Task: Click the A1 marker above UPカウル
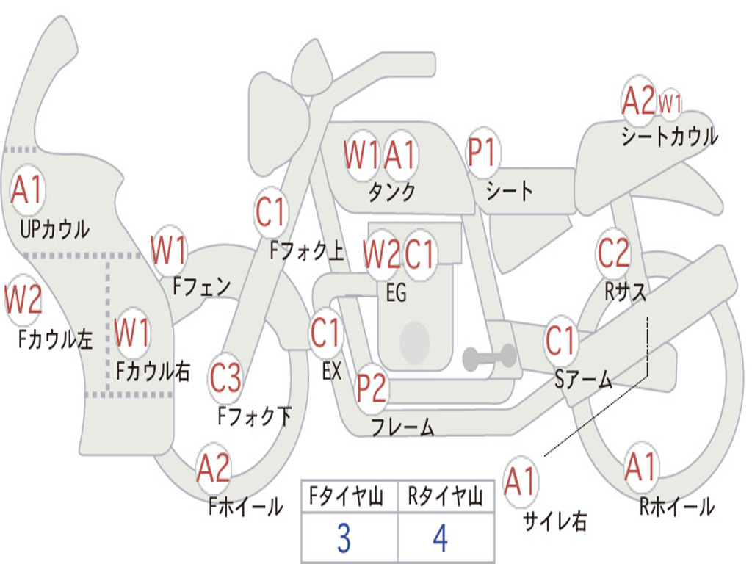click(x=27, y=190)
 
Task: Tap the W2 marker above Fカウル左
click(x=23, y=300)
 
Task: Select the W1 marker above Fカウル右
click(x=132, y=333)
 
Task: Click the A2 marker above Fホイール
click(x=214, y=468)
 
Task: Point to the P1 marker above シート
click(x=482, y=153)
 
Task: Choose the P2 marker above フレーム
click(x=371, y=388)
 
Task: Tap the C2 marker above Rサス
click(x=613, y=253)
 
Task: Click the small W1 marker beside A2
click(x=670, y=103)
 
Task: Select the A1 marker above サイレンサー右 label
click(x=521, y=481)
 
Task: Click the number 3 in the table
click(x=344, y=538)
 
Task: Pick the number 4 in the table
click(x=440, y=538)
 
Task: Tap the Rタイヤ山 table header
click(x=445, y=496)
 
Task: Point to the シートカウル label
click(x=670, y=136)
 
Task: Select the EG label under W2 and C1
click(x=396, y=292)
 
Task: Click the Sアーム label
click(x=584, y=380)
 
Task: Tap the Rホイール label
click(x=677, y=507)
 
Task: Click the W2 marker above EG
click(x=381, y=254)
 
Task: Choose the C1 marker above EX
click(x=326, y=333)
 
